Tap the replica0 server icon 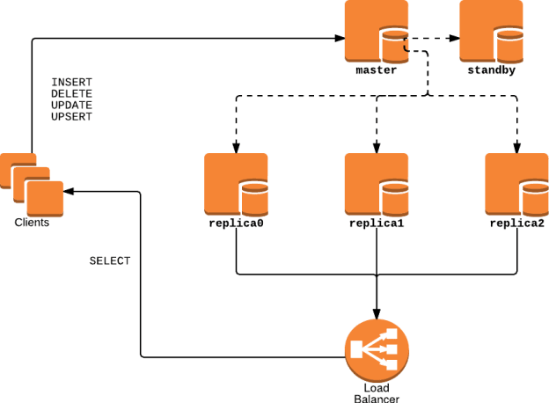point(235,184)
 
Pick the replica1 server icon point(376,184)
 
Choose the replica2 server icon point(516,184)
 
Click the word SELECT point(110,261)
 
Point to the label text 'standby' point(489,70)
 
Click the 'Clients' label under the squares point(32,223)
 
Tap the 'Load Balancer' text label point(376,392)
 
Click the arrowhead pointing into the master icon point(338,39)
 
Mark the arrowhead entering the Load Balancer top point(377,313)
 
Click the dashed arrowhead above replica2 point(516,147)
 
